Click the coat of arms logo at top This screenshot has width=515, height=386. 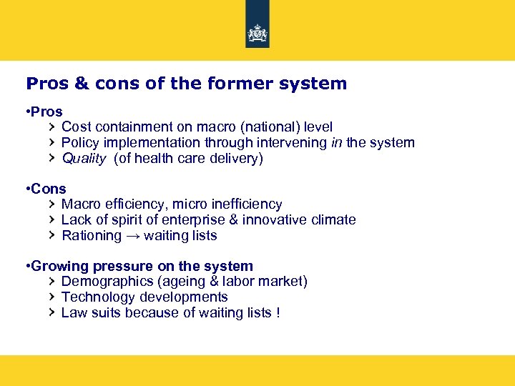click(x=257, y=34)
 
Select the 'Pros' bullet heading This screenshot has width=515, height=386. click(x=46, y=112)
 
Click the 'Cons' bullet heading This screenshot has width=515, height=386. click(x=48, y=189)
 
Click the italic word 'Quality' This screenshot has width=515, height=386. click(x=84, y=158)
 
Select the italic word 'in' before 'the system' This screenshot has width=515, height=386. click(x=337, y=142)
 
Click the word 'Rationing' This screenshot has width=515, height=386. click(x=92, y=236)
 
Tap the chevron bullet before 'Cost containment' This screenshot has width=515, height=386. click(x=51, y=127)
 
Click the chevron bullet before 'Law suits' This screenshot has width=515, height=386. click(x=51, y=312)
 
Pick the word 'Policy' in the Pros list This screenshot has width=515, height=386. click(x=79, y=142)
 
